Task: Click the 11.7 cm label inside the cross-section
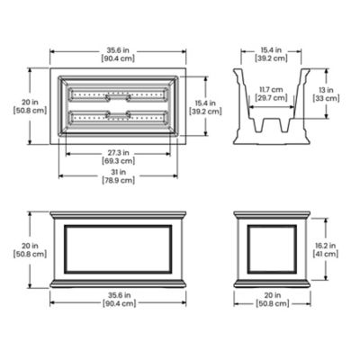click(265, 94)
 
